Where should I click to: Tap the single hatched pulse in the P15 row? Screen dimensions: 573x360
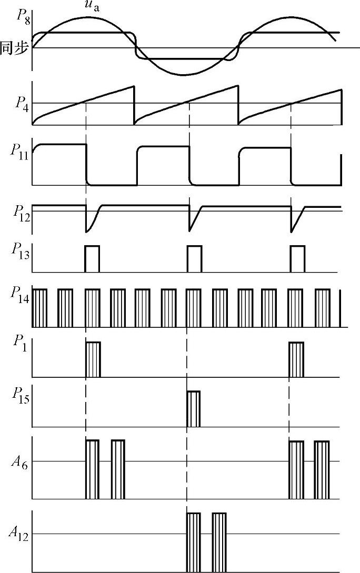click(x=193, y=409)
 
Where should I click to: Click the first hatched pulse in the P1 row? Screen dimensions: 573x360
click(x=93, y=359)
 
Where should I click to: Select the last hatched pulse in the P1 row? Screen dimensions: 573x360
click(x=296, y=359)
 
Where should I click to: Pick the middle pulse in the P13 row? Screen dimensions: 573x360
click(x=194, y=258)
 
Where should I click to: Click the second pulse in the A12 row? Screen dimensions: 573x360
click(x=219, y=542)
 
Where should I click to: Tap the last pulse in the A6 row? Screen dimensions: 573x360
click(x=322, y=469)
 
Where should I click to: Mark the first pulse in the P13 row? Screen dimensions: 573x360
click(x=92, y=258)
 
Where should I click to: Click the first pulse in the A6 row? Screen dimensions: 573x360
click(x=92, y=469)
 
